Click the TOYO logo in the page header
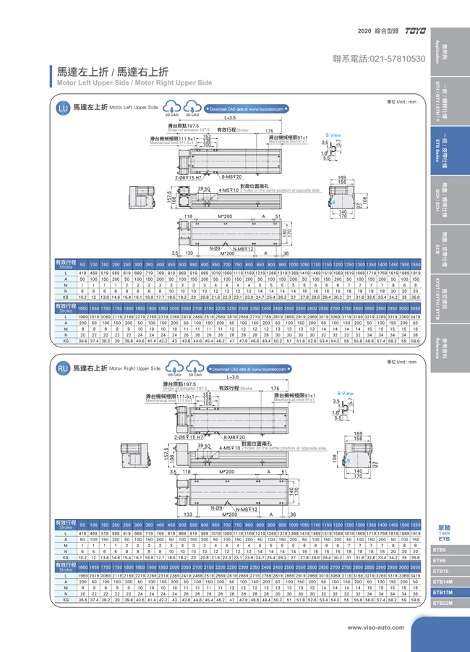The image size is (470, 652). point(417,31)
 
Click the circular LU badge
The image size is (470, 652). point(63,109)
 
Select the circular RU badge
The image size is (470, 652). point(63,368)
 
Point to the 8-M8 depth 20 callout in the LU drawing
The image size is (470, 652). point(231,176)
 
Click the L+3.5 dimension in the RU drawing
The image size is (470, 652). point(231,377)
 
